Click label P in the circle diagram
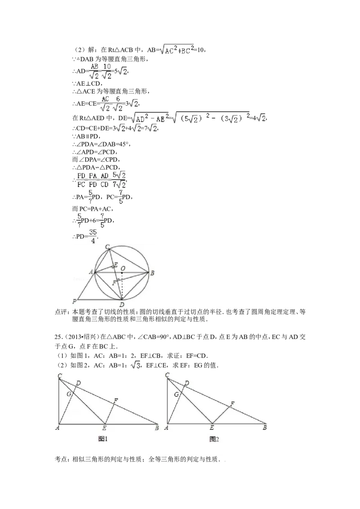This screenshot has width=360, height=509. point(74,301)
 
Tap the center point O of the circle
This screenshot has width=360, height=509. point(122,273)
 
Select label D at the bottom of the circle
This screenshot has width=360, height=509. point(122,304)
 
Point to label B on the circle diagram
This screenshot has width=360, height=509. point(152,273)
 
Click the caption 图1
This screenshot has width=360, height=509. point(103,439)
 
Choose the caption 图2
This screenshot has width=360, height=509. point(214,439)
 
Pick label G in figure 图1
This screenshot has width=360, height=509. point(68,394)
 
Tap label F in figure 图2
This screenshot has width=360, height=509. point(232,404)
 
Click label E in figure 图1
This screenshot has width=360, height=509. point(104,428)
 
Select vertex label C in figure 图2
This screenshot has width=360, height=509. point(167,375)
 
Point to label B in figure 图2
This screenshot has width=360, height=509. point(265,428)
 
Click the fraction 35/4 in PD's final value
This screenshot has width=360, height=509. point(93,237)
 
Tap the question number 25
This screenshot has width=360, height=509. point(58,337)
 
